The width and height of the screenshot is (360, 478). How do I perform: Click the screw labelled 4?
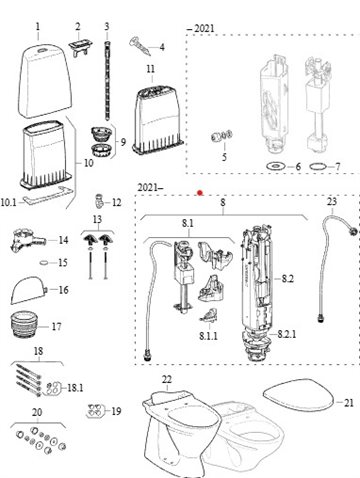click(140, 46)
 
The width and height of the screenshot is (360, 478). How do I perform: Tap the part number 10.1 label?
click(8, 202)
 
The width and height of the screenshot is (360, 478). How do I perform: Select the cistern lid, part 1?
click(45, 82)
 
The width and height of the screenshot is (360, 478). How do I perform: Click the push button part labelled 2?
click(80, 47)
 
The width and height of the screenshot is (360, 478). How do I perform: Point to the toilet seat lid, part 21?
click(298, 395)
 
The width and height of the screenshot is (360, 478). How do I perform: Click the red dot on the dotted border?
click(200, 193)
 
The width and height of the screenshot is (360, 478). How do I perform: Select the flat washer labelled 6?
click(276, 165)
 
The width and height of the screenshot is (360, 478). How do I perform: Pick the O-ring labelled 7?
click(318, 166)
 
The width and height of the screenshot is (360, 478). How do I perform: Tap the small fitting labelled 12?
click(99, 201)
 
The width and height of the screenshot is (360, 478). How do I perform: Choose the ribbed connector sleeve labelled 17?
click(24, 325)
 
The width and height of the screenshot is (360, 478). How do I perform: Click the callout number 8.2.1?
click(286, 334)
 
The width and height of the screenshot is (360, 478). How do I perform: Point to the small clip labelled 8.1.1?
click(209, 316)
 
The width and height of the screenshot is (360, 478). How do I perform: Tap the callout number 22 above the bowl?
click(167, 379)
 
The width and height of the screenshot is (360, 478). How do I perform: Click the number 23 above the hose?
click(332, 201)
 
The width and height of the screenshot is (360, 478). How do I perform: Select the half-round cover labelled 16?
click(29, 290)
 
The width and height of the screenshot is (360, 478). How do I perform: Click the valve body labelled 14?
click(27, 240)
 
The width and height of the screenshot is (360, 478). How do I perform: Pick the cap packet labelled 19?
click(95, 411)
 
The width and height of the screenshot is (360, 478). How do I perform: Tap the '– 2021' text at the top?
click(201, 28)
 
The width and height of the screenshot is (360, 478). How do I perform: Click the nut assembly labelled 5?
click(222, 136)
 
